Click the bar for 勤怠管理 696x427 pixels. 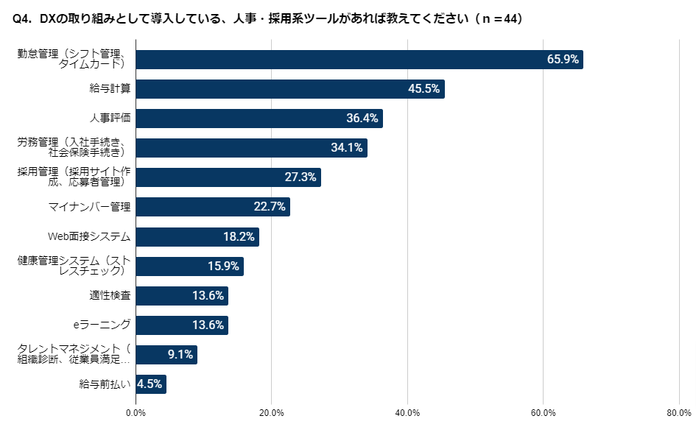click(x=359, y=60)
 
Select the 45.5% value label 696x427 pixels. click(x=423, y=89)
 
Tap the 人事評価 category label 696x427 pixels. click(x=110, y=119)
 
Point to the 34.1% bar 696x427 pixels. click(x=252, y=148)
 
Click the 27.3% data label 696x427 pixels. click(x=300, y=177)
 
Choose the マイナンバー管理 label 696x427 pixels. click(x=88, y=207)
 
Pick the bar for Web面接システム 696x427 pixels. click(x=197, y=236)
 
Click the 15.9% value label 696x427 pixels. click(x=223, y=267)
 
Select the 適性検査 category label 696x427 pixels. click(x=110, y=296)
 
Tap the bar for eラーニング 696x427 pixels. click(x=182, y=325)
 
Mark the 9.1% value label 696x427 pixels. click(x=180, y=355)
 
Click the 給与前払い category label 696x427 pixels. click(x=105, y=384)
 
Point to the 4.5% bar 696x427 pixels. click(x=151, y=384)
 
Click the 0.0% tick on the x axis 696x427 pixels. click(x=136, y=412)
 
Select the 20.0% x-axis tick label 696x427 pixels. click(x=272, y=412)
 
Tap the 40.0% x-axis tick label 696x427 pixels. click(x=407, y=412)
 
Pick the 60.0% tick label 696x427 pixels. click(x=543, y=412)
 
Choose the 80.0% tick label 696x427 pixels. click(x=678, y=412)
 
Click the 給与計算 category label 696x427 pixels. click(x=110, y=89)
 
